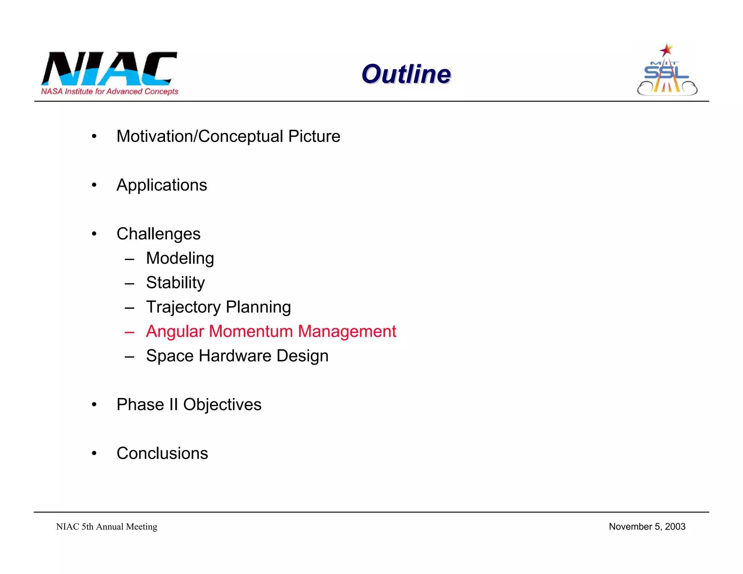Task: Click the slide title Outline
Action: pyautogui.click(x=406, y=74)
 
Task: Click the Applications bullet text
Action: pyautogui.click(x=161, y=185)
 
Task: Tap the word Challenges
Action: pyautogui.click(x=158, y=234)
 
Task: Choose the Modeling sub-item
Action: pyautogui.click(x=180, y=258)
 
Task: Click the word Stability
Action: pyautogui.click(x=175, y=283)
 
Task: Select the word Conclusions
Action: pyautogui.click(x=162, y=454)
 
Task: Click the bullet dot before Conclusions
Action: pyautogui.click(x=94, y=453)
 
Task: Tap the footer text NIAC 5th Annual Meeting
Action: pyautogui.click(x=107, y=526)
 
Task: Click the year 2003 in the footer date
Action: pyautogui.click(x=675, y=526)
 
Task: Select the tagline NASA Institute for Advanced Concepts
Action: pyautogui.click(x=110, y=91)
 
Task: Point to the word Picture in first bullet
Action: pyautogui.click(x=314, y=137)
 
